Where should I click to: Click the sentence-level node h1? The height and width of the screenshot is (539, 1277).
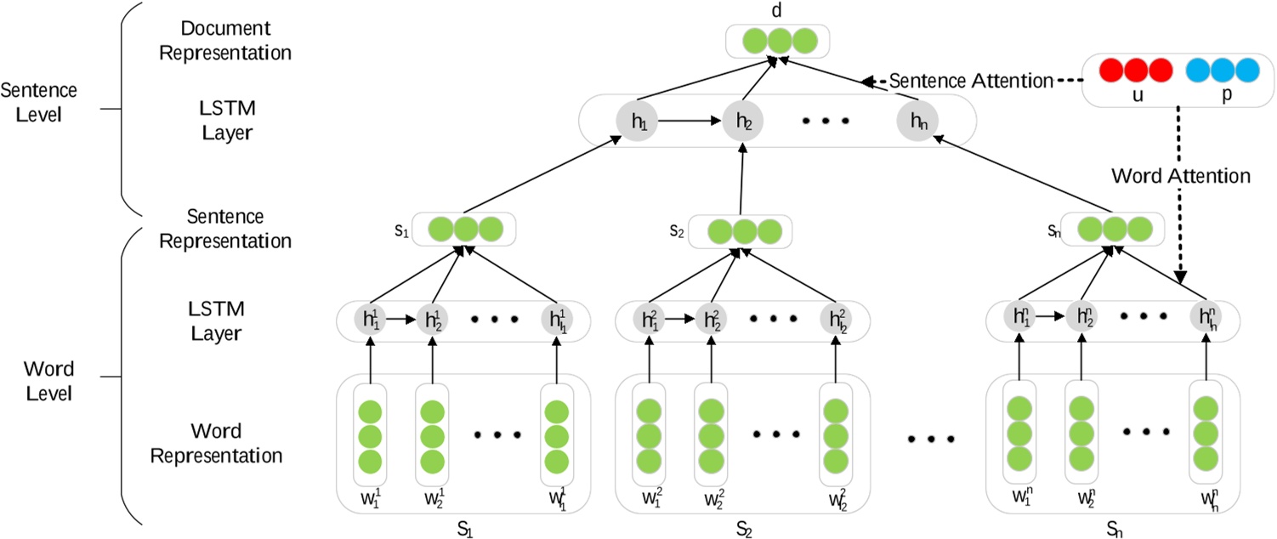coord(637,122)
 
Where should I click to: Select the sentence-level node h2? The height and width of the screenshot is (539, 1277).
coord(745,122)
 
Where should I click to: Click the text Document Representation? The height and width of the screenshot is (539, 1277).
coord(226,41)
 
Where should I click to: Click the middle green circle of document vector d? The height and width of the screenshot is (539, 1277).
coord(775,40)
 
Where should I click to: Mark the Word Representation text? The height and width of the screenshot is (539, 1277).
coord(217,442)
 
